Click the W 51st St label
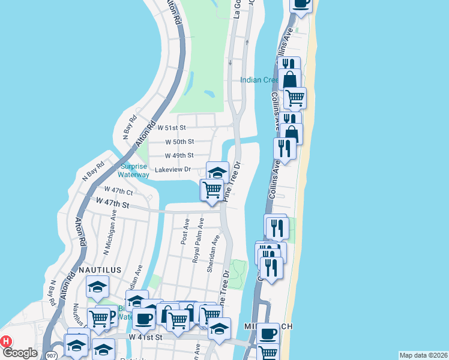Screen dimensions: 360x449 click(172, 128)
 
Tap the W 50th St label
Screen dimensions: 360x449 click(179, 142)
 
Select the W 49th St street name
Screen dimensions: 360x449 click(179, 155)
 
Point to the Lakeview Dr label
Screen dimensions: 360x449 click(173, 170)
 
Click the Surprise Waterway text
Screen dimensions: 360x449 click(134, 171)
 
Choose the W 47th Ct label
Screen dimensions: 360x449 click(118, 190)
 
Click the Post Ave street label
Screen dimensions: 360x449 click(185, 231)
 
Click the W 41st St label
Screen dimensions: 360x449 click(146, 338)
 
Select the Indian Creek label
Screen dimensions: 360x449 click(259, 80)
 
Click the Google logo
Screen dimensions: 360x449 click(20, 352)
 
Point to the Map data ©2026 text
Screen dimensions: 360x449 click(423, 355)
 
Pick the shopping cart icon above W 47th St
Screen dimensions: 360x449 click(212, 190)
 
